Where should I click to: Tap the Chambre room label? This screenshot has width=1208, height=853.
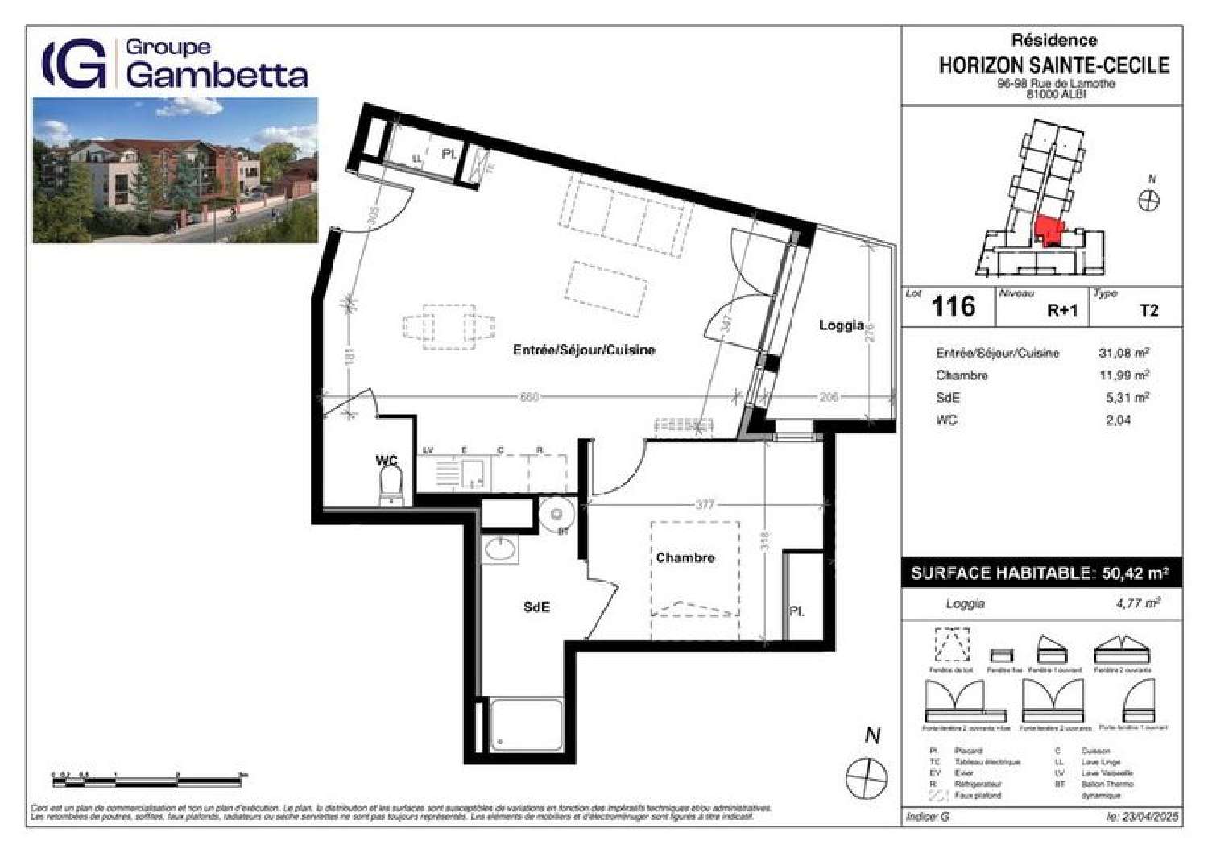(x=685, y=557)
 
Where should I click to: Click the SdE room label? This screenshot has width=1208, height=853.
(x=536, y=607)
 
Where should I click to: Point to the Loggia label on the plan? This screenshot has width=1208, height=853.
(x=841, y=325)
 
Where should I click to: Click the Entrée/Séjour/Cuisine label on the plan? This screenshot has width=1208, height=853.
(x=584, y=350)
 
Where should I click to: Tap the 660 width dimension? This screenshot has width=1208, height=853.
(x=529, y=397)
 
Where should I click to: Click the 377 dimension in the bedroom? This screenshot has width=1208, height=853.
(x=705, y=505)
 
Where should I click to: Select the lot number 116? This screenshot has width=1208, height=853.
(x=953, y=307)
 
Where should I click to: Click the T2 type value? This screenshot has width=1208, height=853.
(x=1148, y=311)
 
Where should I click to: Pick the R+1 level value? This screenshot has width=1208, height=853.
(x=1061, y=311)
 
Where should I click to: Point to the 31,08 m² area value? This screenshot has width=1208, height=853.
(x=1123, y=353)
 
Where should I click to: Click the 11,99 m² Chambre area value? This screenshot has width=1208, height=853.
(x=1123, y=375)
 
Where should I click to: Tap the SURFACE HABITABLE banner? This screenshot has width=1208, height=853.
(x=1040, y=573)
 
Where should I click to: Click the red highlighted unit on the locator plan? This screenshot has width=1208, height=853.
(x=1048, y=232)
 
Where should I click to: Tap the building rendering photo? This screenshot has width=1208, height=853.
(x=175, y=170)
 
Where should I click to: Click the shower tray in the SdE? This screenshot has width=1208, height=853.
(x=526, y=725)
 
